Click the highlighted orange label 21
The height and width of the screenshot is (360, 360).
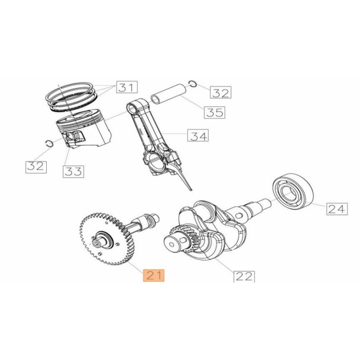154,275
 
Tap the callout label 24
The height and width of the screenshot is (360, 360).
337,208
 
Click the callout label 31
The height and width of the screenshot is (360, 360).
127,87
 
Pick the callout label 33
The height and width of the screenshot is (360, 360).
73,171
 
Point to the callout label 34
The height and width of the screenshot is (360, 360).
198,135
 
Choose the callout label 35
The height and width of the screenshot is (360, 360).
214,112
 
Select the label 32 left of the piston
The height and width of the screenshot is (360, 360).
36,166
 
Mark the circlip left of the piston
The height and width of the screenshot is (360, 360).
50,143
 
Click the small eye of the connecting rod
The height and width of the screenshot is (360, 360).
133,108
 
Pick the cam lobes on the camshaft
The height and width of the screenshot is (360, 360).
148,220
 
